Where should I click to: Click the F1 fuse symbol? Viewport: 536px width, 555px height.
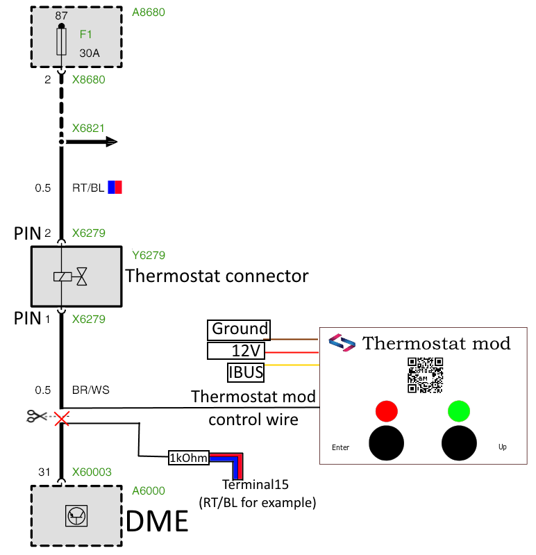point(62,42)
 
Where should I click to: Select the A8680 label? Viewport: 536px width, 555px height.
point(149,13)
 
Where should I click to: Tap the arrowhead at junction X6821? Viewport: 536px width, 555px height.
point(112,142)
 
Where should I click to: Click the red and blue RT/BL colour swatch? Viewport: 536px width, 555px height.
point(115,188)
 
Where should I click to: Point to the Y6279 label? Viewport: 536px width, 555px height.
point(149,255)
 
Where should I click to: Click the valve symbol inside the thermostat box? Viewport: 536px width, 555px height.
point(82,276)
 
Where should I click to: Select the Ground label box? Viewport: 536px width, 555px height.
point(239,329)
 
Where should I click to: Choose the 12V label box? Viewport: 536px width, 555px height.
point(236,351)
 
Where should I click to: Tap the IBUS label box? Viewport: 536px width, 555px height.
point(246,372)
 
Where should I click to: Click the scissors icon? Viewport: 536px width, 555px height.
point(36,416)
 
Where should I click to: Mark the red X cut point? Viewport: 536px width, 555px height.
point(62,418)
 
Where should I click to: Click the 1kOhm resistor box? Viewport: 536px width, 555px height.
point(189,458)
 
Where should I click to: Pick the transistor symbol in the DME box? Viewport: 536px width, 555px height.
point(76,515)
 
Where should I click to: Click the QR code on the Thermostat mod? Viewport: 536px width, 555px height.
point(425,375)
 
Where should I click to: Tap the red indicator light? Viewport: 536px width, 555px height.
point(386,411)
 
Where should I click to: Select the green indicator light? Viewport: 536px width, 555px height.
point(459,411)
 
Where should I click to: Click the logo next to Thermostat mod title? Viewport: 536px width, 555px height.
point(342,342)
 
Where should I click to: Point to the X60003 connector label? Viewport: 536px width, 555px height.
point(92,472)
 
